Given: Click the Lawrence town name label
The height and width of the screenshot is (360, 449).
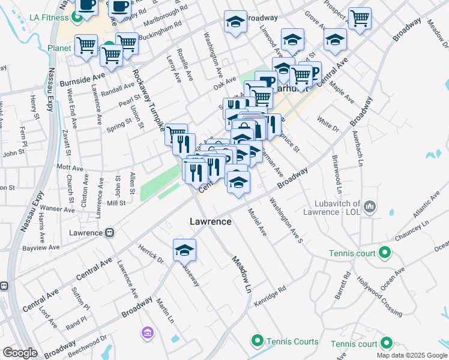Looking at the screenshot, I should [x=211, y=221].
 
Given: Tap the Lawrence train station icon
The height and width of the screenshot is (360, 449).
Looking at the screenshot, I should [x=110, y=232].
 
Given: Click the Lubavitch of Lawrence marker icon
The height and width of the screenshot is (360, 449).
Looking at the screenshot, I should [x=370, y=208].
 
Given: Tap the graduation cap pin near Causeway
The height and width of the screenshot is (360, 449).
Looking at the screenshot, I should [x=185, y=251].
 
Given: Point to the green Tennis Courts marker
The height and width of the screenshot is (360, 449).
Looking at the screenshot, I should [x=258, y=341].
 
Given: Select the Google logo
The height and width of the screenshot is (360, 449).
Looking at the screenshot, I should [x=20, y=353].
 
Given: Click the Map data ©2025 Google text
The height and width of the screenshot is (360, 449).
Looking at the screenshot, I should [x=411, y=355].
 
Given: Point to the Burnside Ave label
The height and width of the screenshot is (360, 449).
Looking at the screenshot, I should [x=82, y=79].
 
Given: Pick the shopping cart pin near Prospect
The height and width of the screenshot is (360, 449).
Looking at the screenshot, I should [x=360, y=18].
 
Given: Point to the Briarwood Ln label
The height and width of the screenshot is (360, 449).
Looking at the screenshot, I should [x=339, y=175].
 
